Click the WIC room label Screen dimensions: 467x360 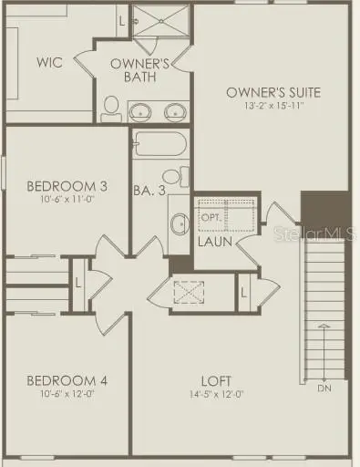point(49,63)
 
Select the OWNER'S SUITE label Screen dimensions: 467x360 point(273,92)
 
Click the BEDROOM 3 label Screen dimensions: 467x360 point(67,186)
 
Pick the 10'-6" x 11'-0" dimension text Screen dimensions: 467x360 point(67,200)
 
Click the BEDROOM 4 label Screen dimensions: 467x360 point(67,380)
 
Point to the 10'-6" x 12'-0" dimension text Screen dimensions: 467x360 point(67,394)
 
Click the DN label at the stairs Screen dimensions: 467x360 point(325,388)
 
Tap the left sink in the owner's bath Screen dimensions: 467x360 point(139,111)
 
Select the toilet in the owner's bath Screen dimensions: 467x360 point(110,109)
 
